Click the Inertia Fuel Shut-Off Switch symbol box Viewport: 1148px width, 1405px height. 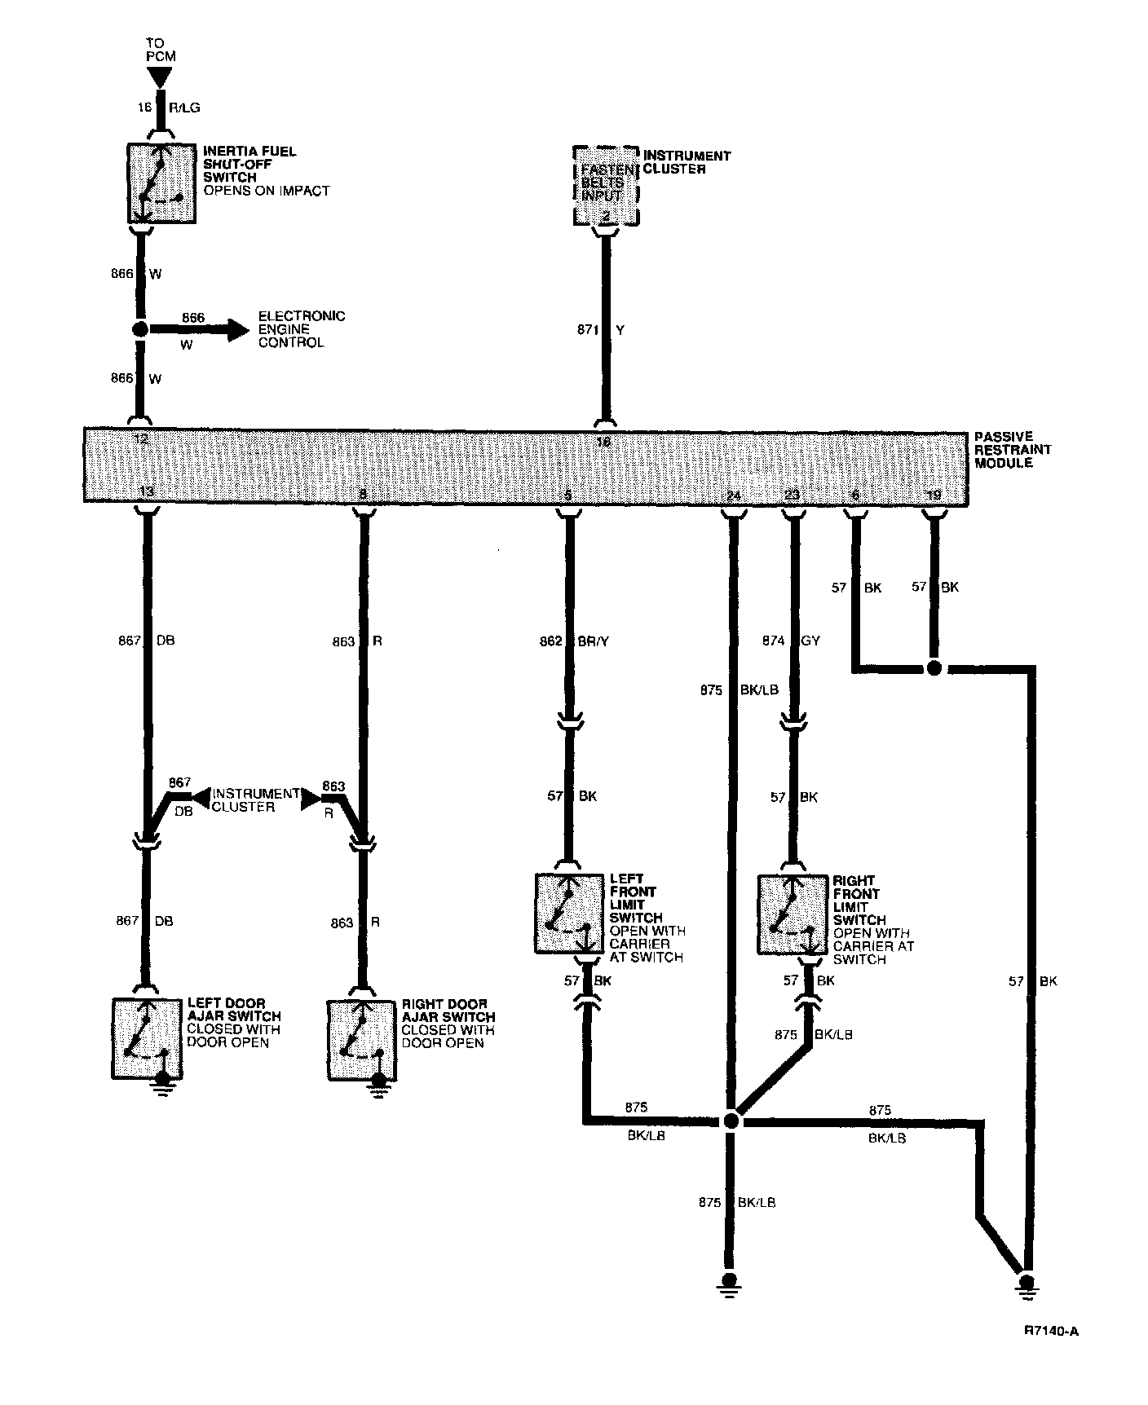(161, 183)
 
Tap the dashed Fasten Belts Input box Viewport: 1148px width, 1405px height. (605, 185)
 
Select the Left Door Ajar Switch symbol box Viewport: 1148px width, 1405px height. (146, 1038)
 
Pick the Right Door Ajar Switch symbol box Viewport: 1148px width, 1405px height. (362, 1040)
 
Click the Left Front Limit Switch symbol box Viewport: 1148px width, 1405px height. (569, 913)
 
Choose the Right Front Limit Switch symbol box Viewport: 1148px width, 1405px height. (792, 914)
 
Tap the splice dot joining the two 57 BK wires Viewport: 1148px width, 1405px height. (934, 668)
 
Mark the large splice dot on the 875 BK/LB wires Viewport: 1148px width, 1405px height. (731, 1122)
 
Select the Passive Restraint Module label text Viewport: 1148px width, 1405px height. (1013, 450)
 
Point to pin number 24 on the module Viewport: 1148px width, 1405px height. (733, 495)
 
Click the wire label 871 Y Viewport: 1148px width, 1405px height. (601, 330)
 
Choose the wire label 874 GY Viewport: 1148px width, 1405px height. (796, 641)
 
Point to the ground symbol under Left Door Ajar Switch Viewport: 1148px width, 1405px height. (164, 1088)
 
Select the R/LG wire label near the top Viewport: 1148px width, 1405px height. (183, 107)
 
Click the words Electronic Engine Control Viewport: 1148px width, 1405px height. (302, 329)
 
